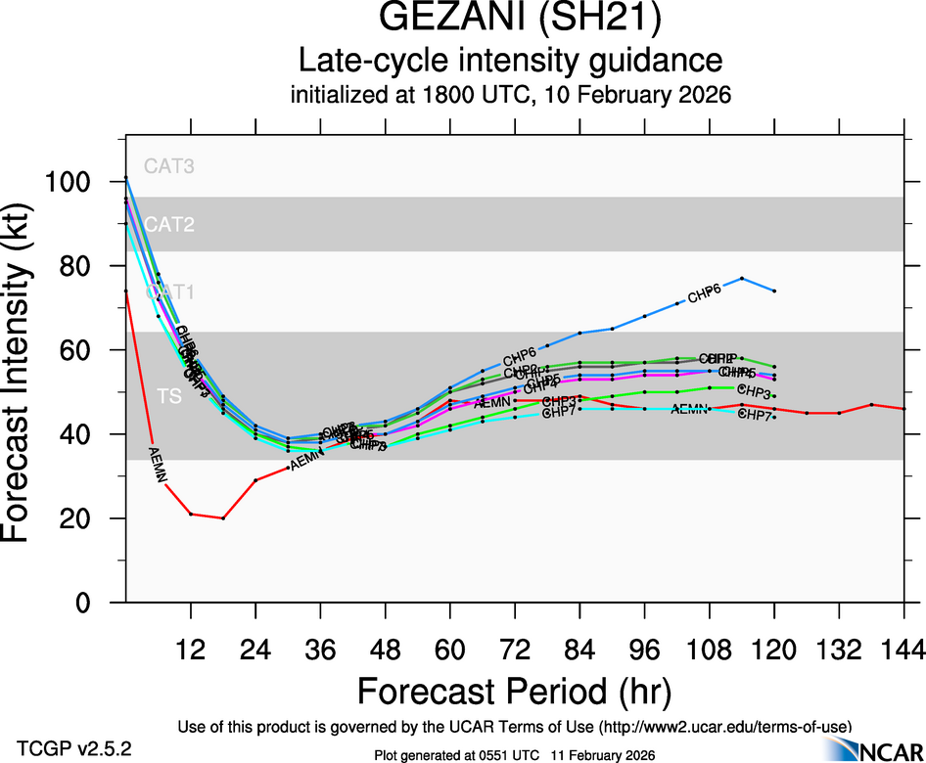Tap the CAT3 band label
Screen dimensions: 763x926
(x=169, y=166)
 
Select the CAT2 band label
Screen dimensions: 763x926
(x=169, y=225)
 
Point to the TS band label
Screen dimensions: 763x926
(x=169, y=396)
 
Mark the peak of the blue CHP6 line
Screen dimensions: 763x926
(x=742, y=279)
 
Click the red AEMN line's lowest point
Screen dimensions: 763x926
(x=223, y=517)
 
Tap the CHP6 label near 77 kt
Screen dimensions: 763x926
(x=705, y=292)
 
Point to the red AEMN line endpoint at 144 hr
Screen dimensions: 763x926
(x=903, y=409)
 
